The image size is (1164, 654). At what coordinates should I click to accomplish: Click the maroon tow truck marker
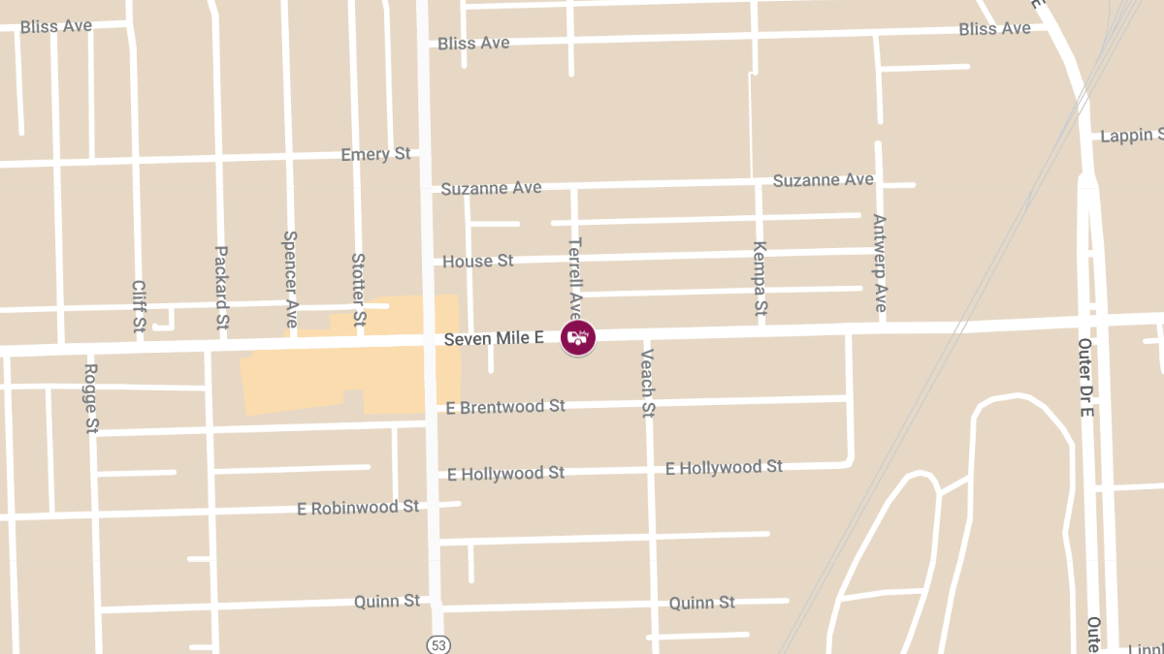[578, 337]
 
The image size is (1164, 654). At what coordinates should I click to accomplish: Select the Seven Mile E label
[494, 338]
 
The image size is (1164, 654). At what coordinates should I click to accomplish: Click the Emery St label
[375, 155]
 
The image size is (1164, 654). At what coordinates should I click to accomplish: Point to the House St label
[477, 261]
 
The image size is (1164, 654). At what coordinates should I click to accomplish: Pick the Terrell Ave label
[574, 278]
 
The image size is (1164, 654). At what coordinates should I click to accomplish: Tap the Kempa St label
[760, 279]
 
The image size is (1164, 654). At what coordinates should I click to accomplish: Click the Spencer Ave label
[289, 278]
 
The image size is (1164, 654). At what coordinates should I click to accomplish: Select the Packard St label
[221, 287]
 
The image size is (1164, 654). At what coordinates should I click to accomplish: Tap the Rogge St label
[91, 397]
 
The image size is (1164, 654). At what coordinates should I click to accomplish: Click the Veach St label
[647, 383]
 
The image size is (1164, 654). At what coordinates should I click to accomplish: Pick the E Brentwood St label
[505, 407]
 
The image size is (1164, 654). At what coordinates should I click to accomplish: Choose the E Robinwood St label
[358, 507]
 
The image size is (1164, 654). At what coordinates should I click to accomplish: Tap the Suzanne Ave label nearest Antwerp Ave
[823, 180]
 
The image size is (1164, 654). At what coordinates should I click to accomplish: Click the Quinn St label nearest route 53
[387, 602]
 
